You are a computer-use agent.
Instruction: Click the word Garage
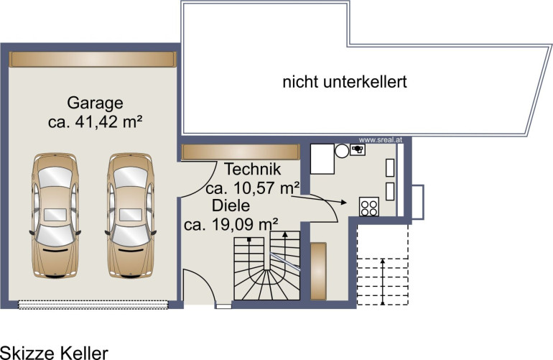[x=95, y=103]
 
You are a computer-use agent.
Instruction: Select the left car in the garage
[x=55, y=216]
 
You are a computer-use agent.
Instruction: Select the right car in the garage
[x=131, y=216]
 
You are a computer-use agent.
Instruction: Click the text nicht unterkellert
[x=345, y=81]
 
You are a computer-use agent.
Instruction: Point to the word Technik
[x=253, y=169]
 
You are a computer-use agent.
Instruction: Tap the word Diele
[x=231, y=206]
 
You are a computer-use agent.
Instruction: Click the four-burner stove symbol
[x=369, y=206]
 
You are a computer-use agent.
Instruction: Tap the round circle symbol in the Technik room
[x=342, y=151]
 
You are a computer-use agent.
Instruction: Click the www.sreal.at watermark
[x=381, y=140]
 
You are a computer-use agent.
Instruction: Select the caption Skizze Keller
[x=54, y=353]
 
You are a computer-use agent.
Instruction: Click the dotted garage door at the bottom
[x=93, y=305]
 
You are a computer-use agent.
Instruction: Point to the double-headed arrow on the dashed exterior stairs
[x=383, y=282]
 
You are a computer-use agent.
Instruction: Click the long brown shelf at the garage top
[x=93, y=60]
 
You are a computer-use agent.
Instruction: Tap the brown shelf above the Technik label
[x=241, y=152]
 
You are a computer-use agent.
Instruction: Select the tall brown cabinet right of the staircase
[x=318, y=271]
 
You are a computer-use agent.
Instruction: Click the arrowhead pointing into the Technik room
[x=343, y=202]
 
